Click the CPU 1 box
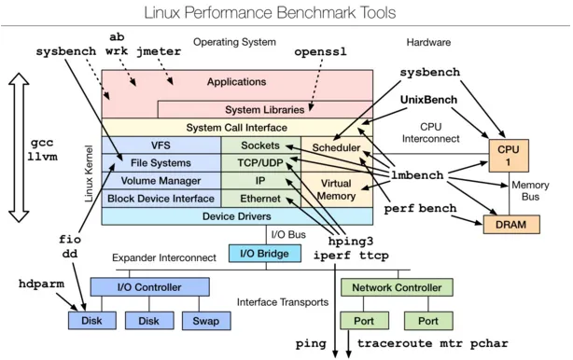click(507, 153)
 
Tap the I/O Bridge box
click(265, 253)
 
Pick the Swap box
click(205, 321)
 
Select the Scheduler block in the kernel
click(335, 147)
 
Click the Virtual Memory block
click(335, 190)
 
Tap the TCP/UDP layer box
click(260, 162)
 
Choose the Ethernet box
click(260, 198)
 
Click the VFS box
click(161, 145)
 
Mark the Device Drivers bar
click(237, 216)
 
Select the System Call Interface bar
click(237, 127)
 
